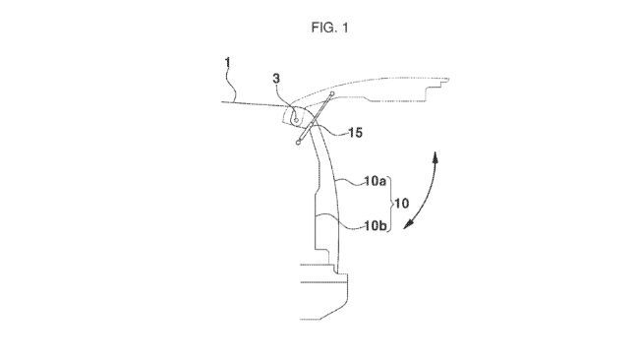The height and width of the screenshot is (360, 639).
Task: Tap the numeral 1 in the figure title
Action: pos(344,28)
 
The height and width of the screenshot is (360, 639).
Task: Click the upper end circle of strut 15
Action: pos(332,94)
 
